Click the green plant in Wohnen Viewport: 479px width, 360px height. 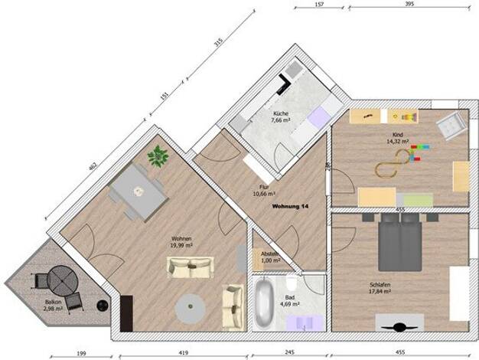pyautogui.click(x=158, y=155)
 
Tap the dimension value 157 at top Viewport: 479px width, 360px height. pyautogui.click(x=318, y=5)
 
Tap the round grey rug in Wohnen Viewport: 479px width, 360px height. pyautogui.click(x=188, y=308)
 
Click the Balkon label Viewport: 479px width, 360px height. pyautogui.click(x=52, y=303)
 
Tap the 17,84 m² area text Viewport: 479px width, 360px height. pyautogui.click(x=380, y=292)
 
